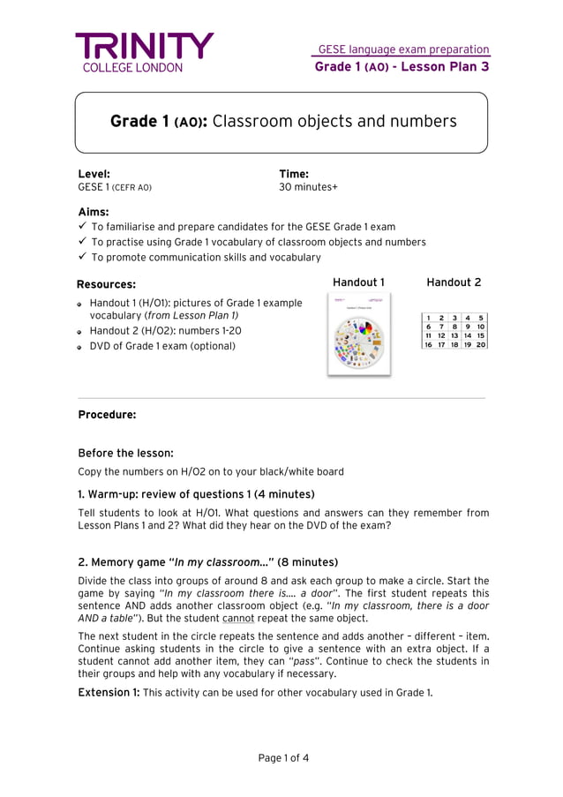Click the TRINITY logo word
coord(144,45)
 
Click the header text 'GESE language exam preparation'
coord(403,49)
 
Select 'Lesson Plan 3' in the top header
coord(445,66)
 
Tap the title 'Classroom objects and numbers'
coord(334,121)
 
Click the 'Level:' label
coord(94,174)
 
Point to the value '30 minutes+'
coord(308,187)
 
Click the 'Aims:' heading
coord(94,212)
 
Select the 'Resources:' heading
coord(106,284)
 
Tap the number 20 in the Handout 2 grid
coord(480,344)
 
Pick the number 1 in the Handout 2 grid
coord(428,318)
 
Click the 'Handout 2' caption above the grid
coord(454,282)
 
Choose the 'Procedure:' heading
coord(107,414)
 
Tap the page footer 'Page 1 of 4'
coord(283,757)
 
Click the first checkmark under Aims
coord(82,226)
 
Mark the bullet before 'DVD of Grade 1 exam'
coord(79,347)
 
